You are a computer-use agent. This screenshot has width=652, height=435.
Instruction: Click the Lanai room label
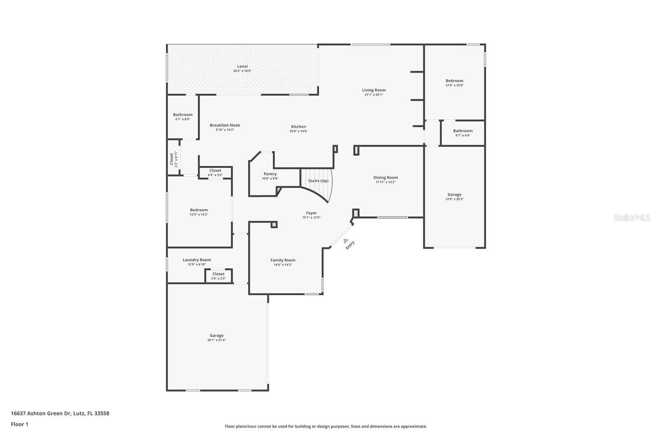[x=242, y=66]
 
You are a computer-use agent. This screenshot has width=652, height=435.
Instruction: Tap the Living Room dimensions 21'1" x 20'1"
[x=374, y=95]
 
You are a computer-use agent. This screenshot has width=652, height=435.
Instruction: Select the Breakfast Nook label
[x=225, y=125]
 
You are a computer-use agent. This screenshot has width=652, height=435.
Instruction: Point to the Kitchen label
[x=298, y=127]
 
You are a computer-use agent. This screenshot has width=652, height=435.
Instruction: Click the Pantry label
[x=270, y=174]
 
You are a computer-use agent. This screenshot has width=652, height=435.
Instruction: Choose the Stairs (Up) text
[x=318, y=181]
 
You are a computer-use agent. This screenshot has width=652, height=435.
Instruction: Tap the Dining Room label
[x=385, y=177]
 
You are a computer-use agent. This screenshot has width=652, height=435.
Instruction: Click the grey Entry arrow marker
[x=346, y=241]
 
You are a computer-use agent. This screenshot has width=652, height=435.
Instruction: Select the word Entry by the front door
[x=350, y=245]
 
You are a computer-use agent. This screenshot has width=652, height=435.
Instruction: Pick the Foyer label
[x=311, y=213]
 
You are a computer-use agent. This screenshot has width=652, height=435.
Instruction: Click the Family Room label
[x=283, y=260]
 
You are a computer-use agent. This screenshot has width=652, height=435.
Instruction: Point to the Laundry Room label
[x=197, y=260]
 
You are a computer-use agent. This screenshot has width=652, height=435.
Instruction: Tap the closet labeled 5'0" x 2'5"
[x=218, y=276]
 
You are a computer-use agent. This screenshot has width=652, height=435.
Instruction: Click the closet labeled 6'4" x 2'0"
[x=215, y=173]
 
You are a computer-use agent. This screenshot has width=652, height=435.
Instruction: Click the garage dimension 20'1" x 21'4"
[x=216, y=340]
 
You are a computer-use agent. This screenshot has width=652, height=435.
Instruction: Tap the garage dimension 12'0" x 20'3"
[x=454, y=199]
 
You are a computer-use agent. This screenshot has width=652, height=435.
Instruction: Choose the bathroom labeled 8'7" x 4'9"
[x=463, y=133]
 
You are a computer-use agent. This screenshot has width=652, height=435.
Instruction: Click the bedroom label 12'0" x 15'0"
[x=454, y=83]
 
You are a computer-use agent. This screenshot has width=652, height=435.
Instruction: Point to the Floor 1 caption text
[x=20, y=424]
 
